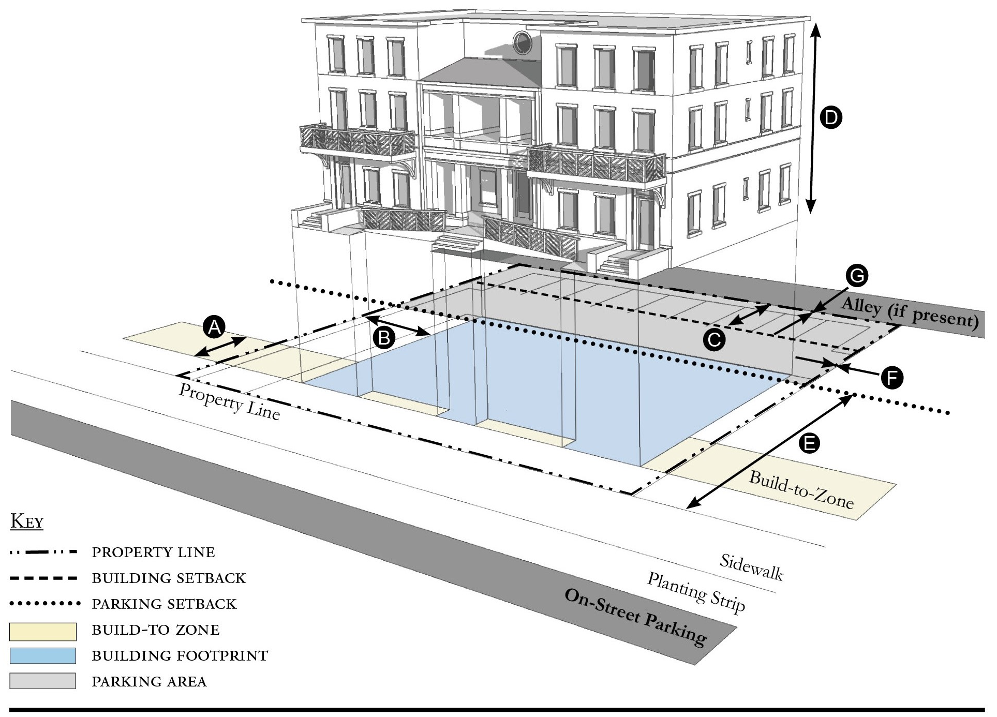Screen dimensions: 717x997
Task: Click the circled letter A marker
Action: tap(214, 327)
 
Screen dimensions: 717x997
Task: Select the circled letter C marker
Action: tap(714, 340)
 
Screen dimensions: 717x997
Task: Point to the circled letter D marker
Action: tap(831, 117)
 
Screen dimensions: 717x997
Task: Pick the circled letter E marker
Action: tap(809, 443)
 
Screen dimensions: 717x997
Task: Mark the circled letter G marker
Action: tap(857, 276)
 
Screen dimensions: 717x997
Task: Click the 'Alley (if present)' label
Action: tap(910, 313)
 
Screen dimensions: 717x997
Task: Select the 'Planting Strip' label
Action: tap(696, 592)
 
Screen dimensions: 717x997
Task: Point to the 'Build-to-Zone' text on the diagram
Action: tap(801, 489)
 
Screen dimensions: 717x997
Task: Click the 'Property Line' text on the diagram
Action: tap(229, 401)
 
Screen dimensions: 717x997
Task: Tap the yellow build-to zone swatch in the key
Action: tap(43, 631)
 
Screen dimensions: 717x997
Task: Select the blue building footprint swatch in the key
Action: tap(43, 656)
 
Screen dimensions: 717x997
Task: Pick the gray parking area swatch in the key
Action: tap(43, 681)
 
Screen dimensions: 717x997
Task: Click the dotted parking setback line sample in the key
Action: tap(45, 604)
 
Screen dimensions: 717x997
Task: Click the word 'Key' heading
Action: tap(27, 521)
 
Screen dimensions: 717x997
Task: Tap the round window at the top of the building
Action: tap(522, 42)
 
